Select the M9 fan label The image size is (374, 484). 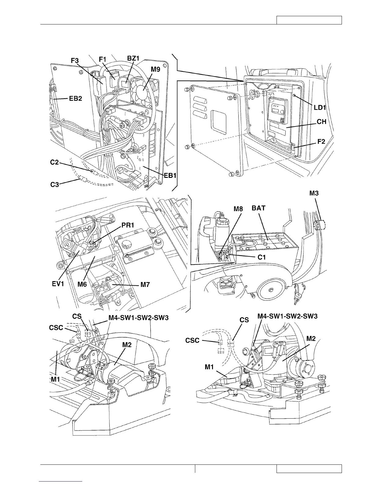(x=155, y=70)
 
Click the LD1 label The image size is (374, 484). (x=320, y=108)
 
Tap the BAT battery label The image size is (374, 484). (x=258, y=208)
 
